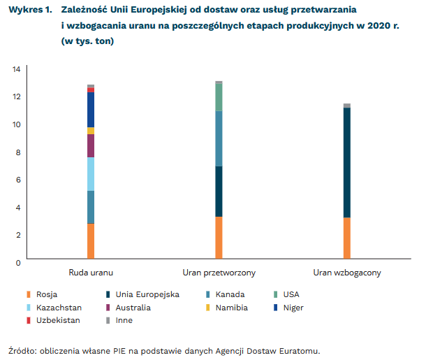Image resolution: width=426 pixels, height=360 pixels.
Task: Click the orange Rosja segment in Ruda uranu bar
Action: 91,241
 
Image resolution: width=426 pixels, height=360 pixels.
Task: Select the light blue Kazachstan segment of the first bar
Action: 91,174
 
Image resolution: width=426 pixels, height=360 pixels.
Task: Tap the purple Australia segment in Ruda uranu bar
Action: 91,145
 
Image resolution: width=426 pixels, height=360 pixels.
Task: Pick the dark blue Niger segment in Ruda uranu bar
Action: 91,109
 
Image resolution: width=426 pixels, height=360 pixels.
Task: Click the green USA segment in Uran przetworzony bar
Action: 219,97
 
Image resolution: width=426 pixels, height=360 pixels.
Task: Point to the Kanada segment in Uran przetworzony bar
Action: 219,138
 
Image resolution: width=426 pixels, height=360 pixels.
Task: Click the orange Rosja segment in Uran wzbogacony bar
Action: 347,238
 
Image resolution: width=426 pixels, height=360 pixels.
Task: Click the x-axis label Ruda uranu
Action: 91,272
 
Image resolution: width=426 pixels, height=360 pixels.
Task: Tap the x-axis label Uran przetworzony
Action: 219,272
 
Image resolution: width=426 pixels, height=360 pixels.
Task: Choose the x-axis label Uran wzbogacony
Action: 347,272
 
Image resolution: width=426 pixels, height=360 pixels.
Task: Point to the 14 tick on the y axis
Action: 15,69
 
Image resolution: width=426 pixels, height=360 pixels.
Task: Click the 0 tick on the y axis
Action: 17,262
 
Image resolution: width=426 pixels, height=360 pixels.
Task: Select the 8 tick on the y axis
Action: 17,152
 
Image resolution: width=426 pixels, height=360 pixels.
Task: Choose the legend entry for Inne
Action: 124,320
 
